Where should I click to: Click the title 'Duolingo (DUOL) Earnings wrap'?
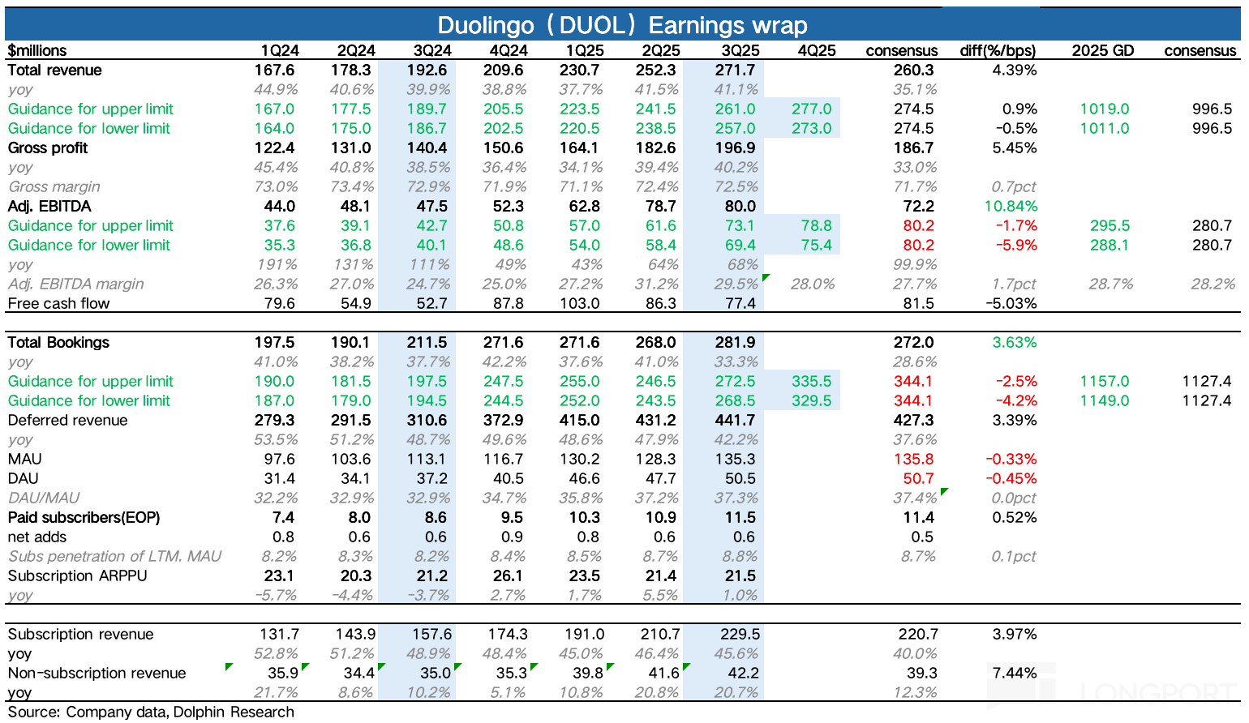622,25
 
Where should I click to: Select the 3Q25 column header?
740,50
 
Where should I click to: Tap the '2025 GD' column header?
1102,50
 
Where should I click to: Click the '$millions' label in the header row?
37,50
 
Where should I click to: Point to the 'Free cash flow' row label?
58,303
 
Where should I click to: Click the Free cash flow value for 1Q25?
580,303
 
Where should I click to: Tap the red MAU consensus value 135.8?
913,459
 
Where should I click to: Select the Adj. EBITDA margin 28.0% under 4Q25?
813,284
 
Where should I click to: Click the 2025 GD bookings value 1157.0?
1104,381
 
